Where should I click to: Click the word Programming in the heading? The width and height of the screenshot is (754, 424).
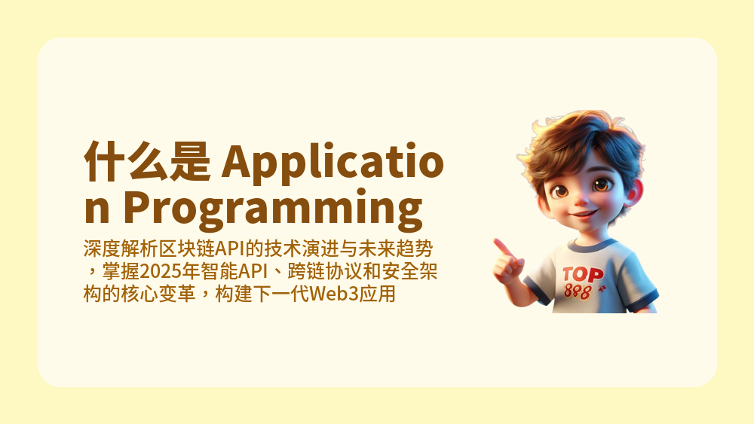click(x=271, y=209)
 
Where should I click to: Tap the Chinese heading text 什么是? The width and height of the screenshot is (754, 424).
click(x=146, y=160)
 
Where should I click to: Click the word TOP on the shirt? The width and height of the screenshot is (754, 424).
click(x=582, y=273)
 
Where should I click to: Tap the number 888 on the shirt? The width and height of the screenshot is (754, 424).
click(x=578, y=291)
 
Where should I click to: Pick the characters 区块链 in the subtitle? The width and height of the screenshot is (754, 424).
click(x=187, y=248)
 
